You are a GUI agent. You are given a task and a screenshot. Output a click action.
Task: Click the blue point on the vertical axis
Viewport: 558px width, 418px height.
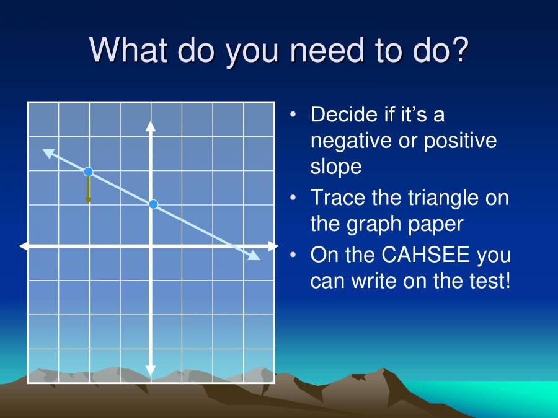click(154, 204)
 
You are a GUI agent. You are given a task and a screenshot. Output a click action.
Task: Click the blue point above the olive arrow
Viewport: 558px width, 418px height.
click(88, 172)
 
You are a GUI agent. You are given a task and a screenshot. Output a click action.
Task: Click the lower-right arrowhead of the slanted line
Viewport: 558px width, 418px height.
click(254, 256)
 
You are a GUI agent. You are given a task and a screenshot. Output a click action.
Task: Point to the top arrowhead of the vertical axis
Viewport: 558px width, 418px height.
click(150, 125)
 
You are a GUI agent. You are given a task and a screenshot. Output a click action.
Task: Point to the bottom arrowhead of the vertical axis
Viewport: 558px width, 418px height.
click(150, 371)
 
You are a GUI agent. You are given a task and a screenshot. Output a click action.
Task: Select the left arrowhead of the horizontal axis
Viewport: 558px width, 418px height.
click(24, 246)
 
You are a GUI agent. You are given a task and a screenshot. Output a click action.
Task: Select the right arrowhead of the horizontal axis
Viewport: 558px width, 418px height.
click(273, 246)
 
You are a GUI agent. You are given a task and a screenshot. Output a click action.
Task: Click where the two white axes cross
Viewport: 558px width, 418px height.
click(150, 246)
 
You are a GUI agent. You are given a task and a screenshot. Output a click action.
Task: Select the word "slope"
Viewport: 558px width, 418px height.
click(335, 166)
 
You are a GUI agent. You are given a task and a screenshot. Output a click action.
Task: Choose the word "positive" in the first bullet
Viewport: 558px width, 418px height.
click(460, 141)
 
